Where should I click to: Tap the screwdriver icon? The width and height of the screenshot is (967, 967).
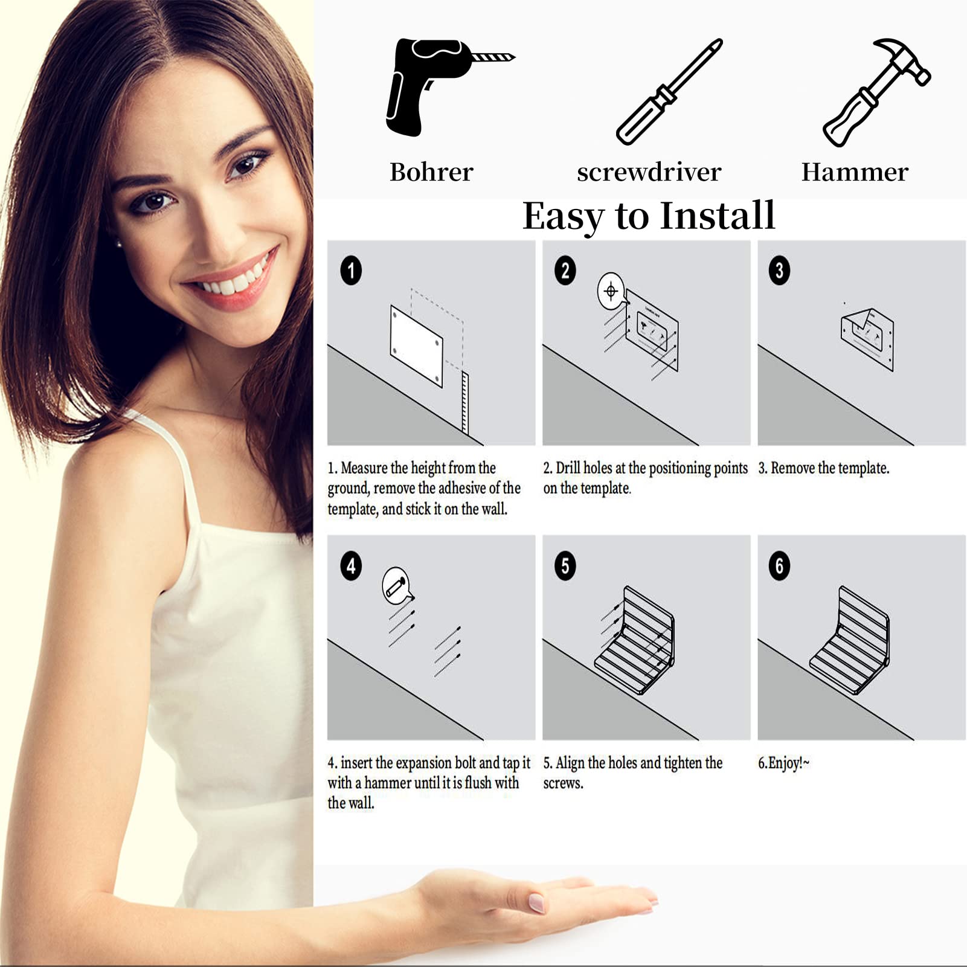click(x=669, y=92)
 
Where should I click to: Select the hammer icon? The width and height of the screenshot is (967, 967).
click(x=876, y=92)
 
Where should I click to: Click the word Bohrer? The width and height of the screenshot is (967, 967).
click(x=431, y=172)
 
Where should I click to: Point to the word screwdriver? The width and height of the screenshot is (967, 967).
click(x=649, y=172)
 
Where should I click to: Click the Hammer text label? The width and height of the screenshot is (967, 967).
click(x=855, y=172)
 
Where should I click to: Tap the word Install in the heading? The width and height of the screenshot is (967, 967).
click(x=718, y=216)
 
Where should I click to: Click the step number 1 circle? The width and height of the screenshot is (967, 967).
click(x=351, y=270)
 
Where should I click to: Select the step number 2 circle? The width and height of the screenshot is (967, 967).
click(x=565, y=270)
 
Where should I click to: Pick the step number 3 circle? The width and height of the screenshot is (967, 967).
click(x=779, y=270)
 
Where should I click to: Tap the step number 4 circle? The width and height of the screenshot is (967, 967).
click(x=351, y=566)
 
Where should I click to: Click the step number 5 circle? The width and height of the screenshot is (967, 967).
click(x=565, y=566)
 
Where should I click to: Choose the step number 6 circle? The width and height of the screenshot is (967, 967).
click(x=779, y=566)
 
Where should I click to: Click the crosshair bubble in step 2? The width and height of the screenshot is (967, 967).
click(x=611, y=292)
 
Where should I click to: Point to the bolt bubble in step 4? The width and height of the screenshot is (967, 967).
click(x=396, y=585)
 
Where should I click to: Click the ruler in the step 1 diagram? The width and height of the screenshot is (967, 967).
click(x=464, y=402)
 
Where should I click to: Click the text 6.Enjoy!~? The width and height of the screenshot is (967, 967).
click(x=783, y=763)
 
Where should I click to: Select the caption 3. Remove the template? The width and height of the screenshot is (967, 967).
click(x=824, y=468)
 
